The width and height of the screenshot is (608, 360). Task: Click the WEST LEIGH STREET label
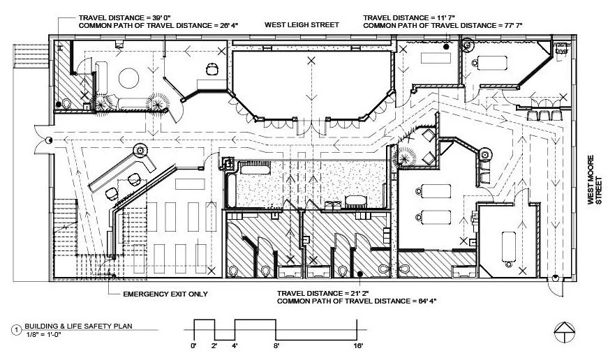(x=301, y=24)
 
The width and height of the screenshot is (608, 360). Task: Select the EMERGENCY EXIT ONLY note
(x=165, y=294)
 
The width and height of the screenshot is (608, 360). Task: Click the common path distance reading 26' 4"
(x=229, y=25)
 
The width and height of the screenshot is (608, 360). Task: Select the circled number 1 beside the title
(x=15, y=329)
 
